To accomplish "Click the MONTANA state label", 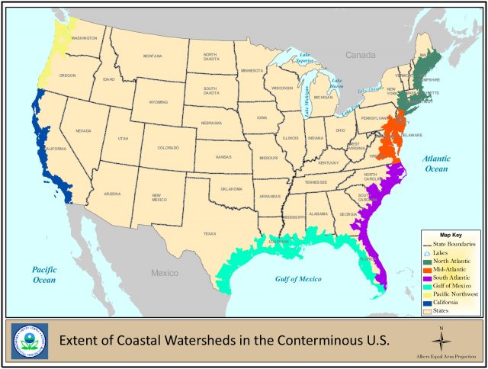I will point(152,56).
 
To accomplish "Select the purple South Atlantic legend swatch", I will point(428,277).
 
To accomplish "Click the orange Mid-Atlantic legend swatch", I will point(428,268).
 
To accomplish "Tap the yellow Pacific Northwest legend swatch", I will point(428,294).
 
